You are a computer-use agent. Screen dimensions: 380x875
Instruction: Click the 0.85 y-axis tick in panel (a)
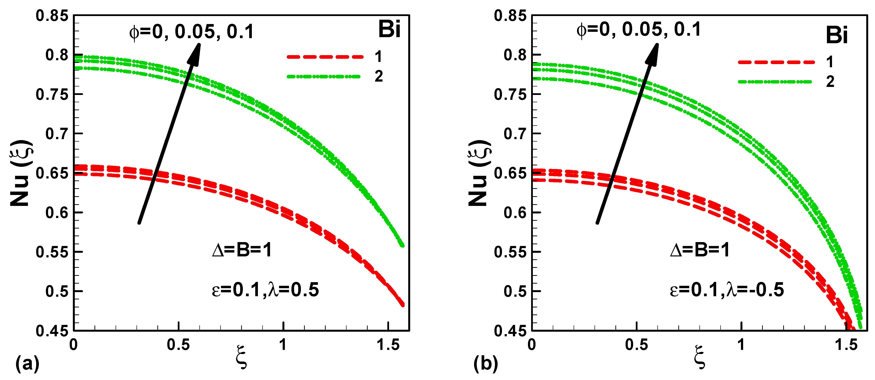click(52, 16)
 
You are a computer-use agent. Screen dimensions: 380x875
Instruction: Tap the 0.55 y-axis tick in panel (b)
click(510, 252)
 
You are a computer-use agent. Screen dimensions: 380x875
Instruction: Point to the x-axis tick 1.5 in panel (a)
click(388, 345)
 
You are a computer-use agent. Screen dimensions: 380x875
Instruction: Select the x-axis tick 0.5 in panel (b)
click(636, 345)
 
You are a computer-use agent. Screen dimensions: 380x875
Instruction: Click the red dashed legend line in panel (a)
click(325, 57)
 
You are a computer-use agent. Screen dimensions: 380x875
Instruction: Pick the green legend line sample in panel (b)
click(775, 82)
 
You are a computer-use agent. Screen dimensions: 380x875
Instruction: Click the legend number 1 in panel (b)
click(830, 62)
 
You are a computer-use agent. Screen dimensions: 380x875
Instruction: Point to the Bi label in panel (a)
click(389, 29)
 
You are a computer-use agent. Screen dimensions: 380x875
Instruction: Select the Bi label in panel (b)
click(837, 35)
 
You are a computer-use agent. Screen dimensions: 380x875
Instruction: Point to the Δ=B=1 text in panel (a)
click(242, 251)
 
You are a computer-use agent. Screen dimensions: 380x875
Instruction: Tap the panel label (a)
click(27, 364)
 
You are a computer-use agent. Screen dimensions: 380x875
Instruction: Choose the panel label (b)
click(486, 364)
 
